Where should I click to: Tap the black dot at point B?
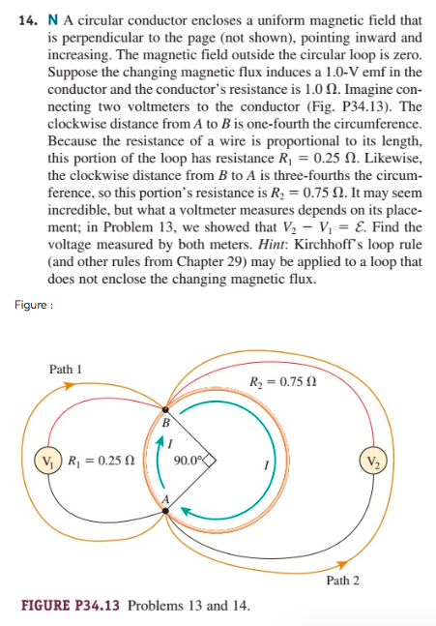pyautogui.click(x=165, y=410)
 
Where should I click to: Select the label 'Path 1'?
pyautogui.click(x=66, y=369)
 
